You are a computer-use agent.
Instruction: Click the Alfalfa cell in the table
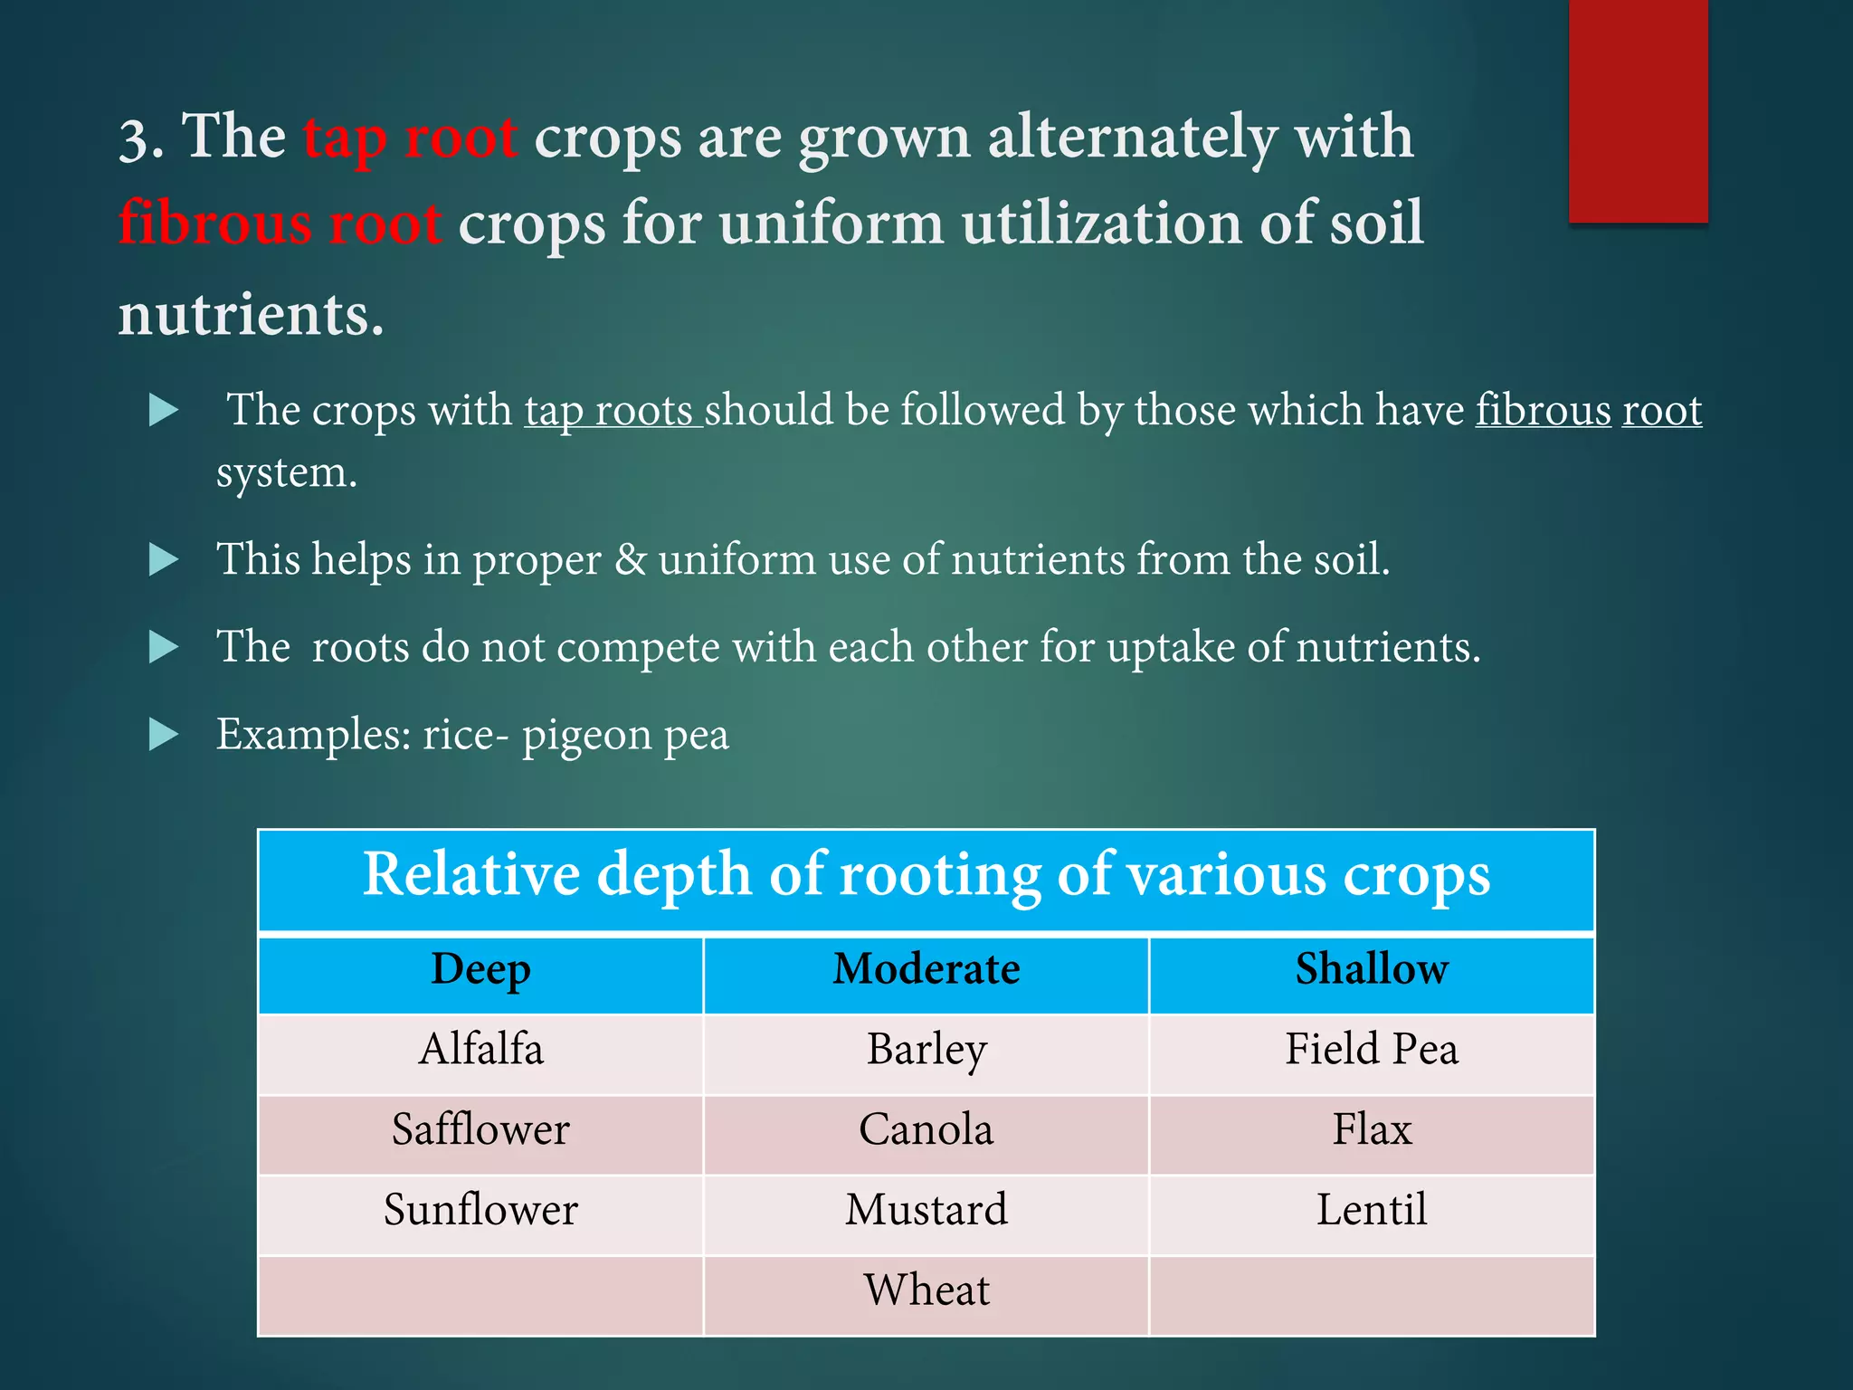(480, 1050)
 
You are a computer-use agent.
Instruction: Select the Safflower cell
(480, 1130)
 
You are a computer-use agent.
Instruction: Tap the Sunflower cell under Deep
(480, 1211)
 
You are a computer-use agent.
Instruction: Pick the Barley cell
(926, 1050)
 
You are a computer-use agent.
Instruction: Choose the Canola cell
(926, 1130)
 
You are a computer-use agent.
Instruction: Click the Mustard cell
(926, 1211)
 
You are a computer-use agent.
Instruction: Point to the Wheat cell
(926, 1291)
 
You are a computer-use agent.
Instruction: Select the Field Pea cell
(1371, 1050)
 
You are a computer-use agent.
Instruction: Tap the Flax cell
(1371, 1130)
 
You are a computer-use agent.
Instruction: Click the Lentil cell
(1371, 1211)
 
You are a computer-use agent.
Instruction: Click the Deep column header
(480, 970)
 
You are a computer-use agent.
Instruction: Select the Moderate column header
(926, 970)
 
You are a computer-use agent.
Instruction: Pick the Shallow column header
(1371, 970)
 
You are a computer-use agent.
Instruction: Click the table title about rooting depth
(926, 876)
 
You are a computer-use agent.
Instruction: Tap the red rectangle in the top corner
(1638, 110)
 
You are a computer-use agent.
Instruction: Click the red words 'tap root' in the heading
(410, 138)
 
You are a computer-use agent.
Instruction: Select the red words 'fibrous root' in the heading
(280, 224)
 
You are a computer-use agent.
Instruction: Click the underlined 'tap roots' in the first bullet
(613, 411)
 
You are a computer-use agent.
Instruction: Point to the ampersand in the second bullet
(630, 559)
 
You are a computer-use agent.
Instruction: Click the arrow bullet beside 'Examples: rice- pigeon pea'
(164, 734)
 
